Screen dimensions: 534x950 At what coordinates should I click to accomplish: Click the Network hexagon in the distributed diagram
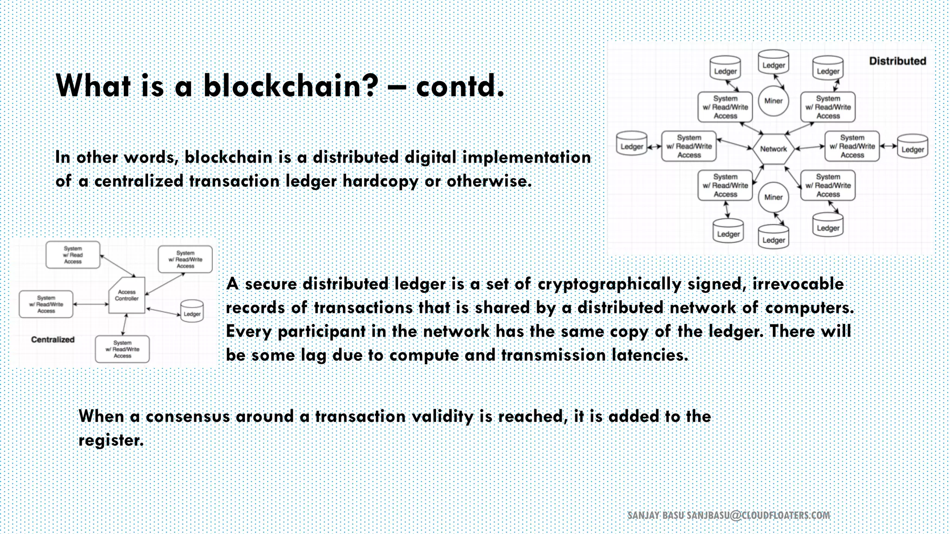773,149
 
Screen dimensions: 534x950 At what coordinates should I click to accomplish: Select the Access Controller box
127,296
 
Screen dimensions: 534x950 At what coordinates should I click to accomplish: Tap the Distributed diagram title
897,61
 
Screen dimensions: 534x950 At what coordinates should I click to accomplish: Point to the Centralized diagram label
52,340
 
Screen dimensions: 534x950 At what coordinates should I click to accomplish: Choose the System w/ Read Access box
73,255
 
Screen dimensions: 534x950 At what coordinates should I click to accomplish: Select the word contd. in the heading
460,86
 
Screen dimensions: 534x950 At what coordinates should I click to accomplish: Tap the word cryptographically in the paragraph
609,284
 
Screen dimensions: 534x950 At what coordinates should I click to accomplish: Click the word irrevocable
798,284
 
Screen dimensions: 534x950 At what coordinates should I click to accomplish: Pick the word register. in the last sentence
111,440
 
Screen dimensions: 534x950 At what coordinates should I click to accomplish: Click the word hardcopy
380,181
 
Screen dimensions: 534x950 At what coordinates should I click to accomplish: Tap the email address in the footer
758,515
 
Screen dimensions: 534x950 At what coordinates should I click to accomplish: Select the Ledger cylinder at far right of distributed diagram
912,146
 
